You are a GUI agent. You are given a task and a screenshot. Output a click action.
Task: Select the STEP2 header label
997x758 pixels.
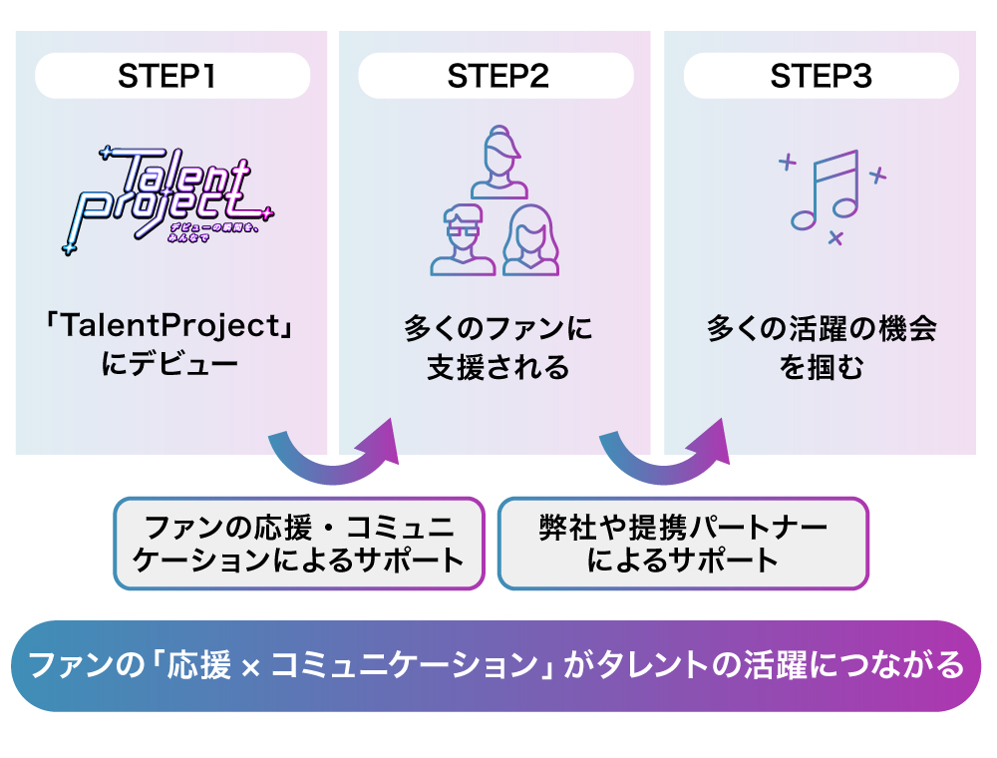point(496,77)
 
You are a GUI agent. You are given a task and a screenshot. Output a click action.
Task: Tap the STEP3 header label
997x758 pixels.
point(821,77)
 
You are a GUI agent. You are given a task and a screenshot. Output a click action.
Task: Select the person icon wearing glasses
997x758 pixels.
point(463,239)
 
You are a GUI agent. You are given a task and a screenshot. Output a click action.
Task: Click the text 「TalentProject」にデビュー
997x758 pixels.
point(170,344)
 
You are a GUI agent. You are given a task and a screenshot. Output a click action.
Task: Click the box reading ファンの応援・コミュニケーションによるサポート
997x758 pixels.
point(299,543)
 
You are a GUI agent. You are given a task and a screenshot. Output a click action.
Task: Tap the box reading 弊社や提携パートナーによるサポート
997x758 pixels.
point(683,543)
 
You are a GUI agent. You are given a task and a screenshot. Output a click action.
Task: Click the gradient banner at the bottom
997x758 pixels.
point(496,665)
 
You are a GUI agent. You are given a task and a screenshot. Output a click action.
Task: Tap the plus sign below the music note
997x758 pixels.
point(835,237)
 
